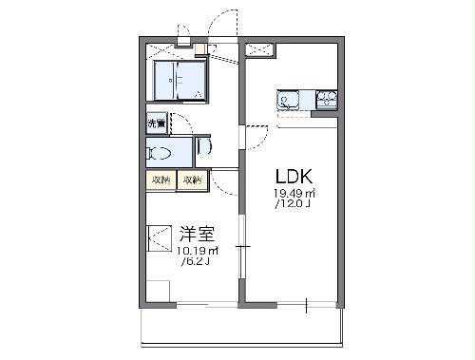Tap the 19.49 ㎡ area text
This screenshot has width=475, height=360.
[x=293, y=194]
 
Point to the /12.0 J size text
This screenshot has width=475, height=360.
[x=293, y=203]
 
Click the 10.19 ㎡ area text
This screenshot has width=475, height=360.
[x=197, y=251]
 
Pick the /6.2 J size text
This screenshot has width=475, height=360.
[x=196, y=262]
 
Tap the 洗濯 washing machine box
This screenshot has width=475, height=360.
[x=156, y=123]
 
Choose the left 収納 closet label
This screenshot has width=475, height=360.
[x=160, y=180]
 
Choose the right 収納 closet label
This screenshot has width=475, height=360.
[x=192, y=180]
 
